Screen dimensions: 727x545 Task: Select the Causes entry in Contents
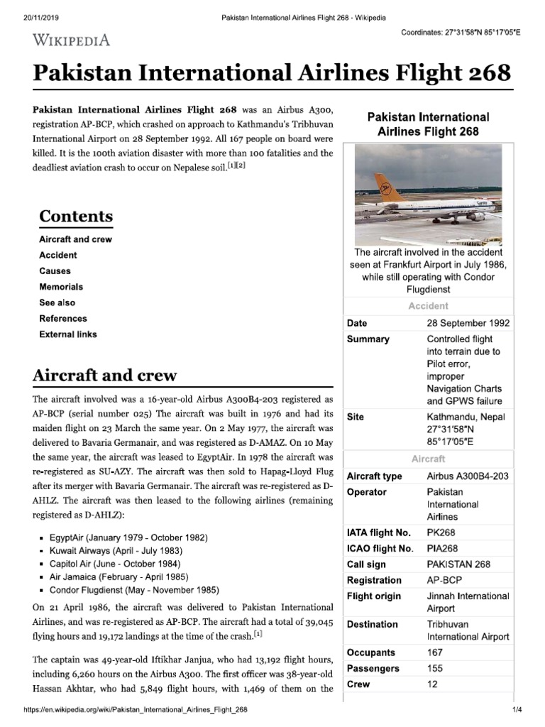click(x=55, y=271)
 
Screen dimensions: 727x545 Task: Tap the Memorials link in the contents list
click(x=61, y=287)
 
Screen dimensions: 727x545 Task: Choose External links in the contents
click(x=68, y=334)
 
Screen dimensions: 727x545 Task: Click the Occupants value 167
click(x=435, y=652)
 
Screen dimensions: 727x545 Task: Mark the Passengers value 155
click(x=435, y=669)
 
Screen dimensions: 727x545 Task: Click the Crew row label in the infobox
click(x=358, y=684)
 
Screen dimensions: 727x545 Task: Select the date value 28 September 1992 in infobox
click(x=468, y=323)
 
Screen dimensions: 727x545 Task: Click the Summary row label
click(x=368, y=339)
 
